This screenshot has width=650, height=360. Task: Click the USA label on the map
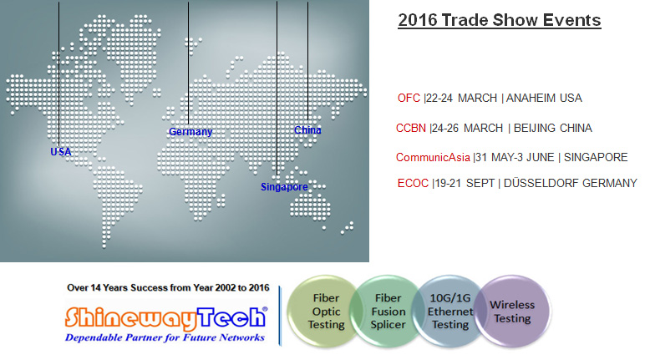(60, 152)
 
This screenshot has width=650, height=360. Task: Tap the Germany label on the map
(190, 132)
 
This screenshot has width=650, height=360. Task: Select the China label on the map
(307, 130)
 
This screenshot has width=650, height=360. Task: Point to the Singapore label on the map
(284, 187)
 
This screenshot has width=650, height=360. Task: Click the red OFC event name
(409, 99)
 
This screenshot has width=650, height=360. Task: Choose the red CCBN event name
(411, 128)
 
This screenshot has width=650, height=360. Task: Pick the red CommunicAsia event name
(433, 157)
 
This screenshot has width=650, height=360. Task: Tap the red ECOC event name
(413, 183)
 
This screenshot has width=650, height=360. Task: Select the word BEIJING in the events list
(533, 128)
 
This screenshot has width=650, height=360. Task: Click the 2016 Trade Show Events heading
(500, 20)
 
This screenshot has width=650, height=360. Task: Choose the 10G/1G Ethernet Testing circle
(449, 311)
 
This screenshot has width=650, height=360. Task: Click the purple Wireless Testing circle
(513, 311)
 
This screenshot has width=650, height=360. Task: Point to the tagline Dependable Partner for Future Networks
(165, 337)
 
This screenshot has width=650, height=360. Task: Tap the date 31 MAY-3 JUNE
(515, 157)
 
